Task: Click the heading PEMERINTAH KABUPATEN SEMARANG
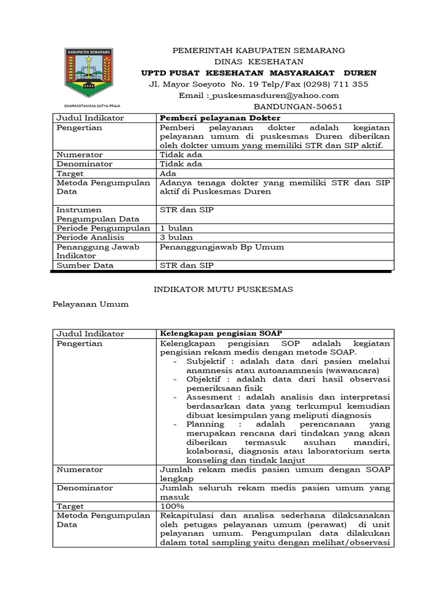(259, 50)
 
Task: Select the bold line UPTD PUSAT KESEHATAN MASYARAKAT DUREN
(259, 73)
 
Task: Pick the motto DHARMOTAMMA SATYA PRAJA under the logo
(88, 106)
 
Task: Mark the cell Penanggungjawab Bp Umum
(222, 247)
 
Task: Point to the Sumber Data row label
(85, 265)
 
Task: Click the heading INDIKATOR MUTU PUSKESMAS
(223, 289)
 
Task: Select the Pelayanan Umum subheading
(90, 304)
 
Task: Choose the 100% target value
(172, 506)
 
